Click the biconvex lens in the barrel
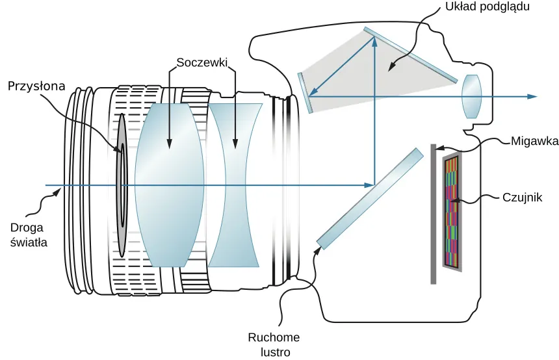[x=168, y=185]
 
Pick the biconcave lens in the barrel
[x=235, y=185]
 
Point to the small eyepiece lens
[x=471, y=96]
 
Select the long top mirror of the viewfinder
[x=409, y=55]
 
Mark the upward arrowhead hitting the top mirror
[x=374, y=41]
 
